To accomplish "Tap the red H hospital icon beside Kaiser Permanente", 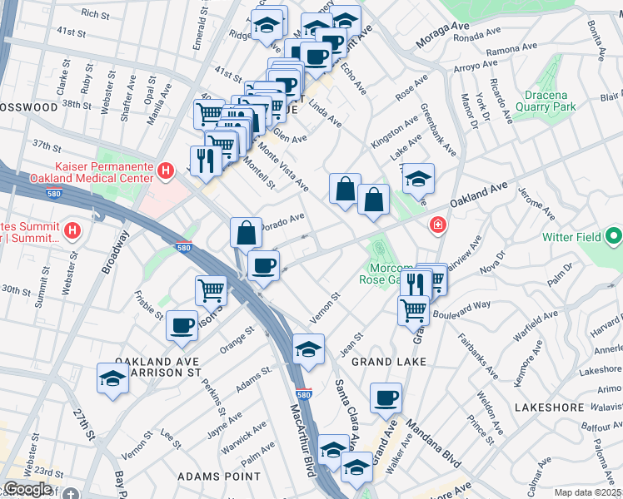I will pyautogui.click(x=166, y=171).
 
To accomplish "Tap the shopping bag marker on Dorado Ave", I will pyautogui.click(x=247, y=232).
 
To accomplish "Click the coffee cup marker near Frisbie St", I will pyautogui.click(x=182, y=325).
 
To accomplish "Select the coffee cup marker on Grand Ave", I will pyautogui.click(x=385, y=398).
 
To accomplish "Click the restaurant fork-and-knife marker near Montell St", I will pyautogui.click(x=204, y=160).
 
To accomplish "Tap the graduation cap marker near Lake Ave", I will pyautogui.click(x=419, y=178).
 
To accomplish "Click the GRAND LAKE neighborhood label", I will pyautogui.click(x=388, y=362).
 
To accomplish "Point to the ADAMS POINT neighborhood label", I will pyautogui.click(x=220, y=477).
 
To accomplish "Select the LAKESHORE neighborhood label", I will pyautogui.click(x=546, y=408).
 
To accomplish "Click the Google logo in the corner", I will pyautogui.click(x=27, y=489).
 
